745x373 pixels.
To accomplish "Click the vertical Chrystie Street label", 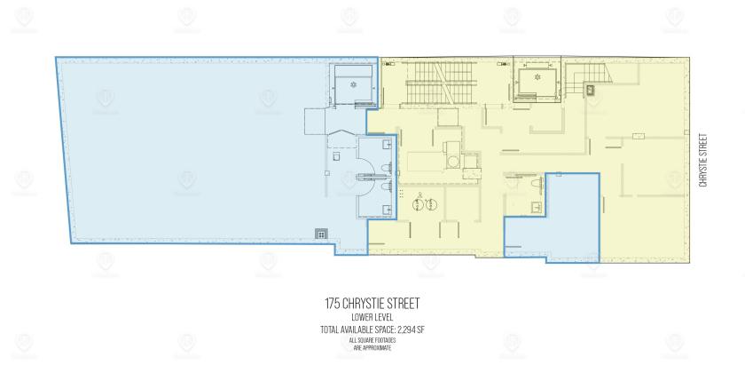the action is click(x=703, y=159).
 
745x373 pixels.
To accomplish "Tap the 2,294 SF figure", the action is click(x=413, y=329).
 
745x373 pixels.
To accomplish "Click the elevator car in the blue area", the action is click(x=353, y=84).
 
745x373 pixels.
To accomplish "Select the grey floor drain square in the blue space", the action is click(x=321, y=234).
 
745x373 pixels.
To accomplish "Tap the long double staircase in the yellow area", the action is click(x=441, y=83).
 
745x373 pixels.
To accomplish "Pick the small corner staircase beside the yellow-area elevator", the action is click(x=586, y=77).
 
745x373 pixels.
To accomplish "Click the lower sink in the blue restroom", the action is click(x=388, y=209).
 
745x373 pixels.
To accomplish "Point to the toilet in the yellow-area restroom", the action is click(x=537, y=182).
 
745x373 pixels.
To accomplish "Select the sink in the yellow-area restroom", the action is click(x=537, y=206).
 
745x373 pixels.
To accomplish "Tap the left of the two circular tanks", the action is click(x=418, y=204).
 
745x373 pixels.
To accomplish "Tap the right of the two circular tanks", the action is click(x=431, y=204).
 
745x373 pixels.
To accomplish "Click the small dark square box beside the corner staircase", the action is click(x=591, y=90).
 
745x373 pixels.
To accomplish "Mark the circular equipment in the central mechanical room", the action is click(x=453, y=163).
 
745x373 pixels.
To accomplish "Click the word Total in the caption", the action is click(x=330, y=329).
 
